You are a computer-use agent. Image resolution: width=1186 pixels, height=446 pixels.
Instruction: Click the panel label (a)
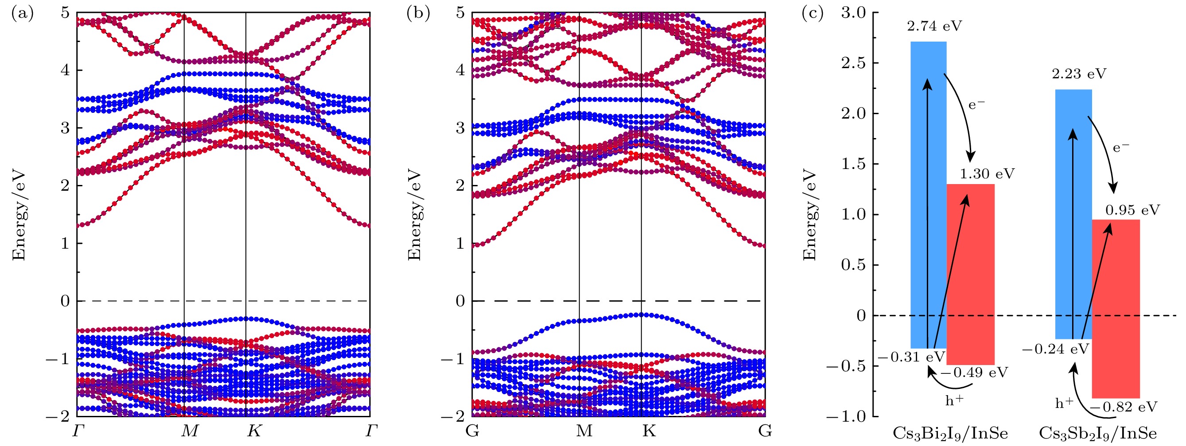click(23, 14)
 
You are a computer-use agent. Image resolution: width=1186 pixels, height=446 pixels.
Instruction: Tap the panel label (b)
click(418, 14)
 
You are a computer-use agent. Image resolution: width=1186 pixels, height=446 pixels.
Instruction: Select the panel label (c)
click(813, 14)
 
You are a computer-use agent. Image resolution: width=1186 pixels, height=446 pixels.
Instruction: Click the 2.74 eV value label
click(935, 26)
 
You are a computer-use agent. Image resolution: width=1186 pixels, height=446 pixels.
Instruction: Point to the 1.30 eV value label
click(987, 174)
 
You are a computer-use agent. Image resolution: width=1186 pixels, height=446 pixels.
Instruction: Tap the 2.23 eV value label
click(1079, 73)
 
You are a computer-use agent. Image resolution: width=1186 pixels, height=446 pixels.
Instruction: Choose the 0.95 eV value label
click(1132, 210)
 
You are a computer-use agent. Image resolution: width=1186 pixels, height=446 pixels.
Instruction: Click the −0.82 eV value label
click(1123, 407)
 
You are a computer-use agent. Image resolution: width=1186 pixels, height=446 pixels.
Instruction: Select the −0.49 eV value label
click(974, 373)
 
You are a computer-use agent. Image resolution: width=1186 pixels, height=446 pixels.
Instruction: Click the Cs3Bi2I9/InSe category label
click(950, 434)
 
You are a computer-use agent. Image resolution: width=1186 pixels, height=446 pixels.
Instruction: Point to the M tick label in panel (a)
click(189, 431)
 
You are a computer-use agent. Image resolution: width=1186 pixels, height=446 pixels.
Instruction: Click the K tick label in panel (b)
click(648, 431)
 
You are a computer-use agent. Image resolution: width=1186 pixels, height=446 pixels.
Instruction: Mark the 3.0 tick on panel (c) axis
click(854, 13)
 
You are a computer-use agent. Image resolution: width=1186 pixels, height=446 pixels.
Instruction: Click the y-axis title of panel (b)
click(414, 215)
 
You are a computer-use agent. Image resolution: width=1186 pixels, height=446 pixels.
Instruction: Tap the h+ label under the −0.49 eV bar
click(954, 400)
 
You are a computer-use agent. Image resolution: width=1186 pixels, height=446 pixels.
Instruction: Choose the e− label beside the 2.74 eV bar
click(976, 104)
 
